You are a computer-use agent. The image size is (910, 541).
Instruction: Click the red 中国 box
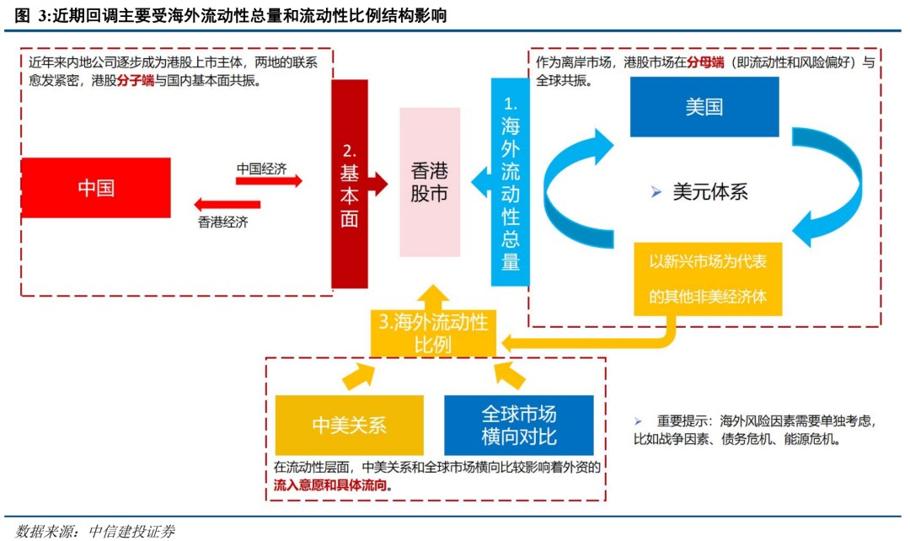pyautogui.click(x=96, y=188)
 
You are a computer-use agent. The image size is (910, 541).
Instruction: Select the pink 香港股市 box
pyautogui.click(x=430, y=182)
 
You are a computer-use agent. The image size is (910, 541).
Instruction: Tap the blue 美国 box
pyautogui.click(x=704, y=107)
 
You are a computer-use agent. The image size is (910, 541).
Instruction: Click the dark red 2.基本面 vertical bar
pyautogui.click(x=350, y=184)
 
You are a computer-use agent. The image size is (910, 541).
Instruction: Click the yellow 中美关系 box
pyautogui.click(x=349, y=426)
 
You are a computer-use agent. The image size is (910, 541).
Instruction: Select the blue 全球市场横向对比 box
pyautogui.click(x=519, y=426)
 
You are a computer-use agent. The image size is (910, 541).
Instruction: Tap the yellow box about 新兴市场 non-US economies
pyautogui.click(x=708, y=278)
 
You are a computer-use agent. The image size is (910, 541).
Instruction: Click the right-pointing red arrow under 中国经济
pyautogui.click(x=269, y=181)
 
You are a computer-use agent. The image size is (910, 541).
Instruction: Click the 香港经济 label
pyautogui.click(x=223, y=222)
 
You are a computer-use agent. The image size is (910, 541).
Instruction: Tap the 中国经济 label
pyautogui.click(x=261, y=169)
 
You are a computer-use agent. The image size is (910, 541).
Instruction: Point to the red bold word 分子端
pyautogui.click(x=136, y=82)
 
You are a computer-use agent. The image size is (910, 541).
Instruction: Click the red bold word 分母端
pyautogui.click(x=705, y=63)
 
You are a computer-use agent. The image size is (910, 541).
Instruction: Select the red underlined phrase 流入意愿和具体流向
pyautogui.click(x=333, y=486)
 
